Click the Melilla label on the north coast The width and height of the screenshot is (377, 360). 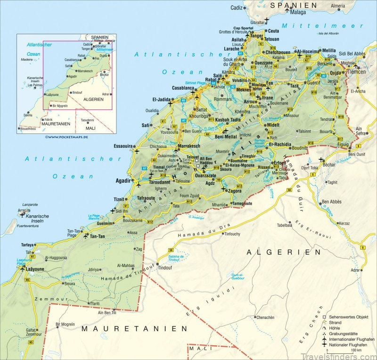coord(328,50)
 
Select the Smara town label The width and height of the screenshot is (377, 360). coord(69,284)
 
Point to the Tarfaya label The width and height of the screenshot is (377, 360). coord(27,245)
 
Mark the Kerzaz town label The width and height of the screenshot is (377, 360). coord(344,223)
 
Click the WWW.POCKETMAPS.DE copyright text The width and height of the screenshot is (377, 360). coord(67,137)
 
